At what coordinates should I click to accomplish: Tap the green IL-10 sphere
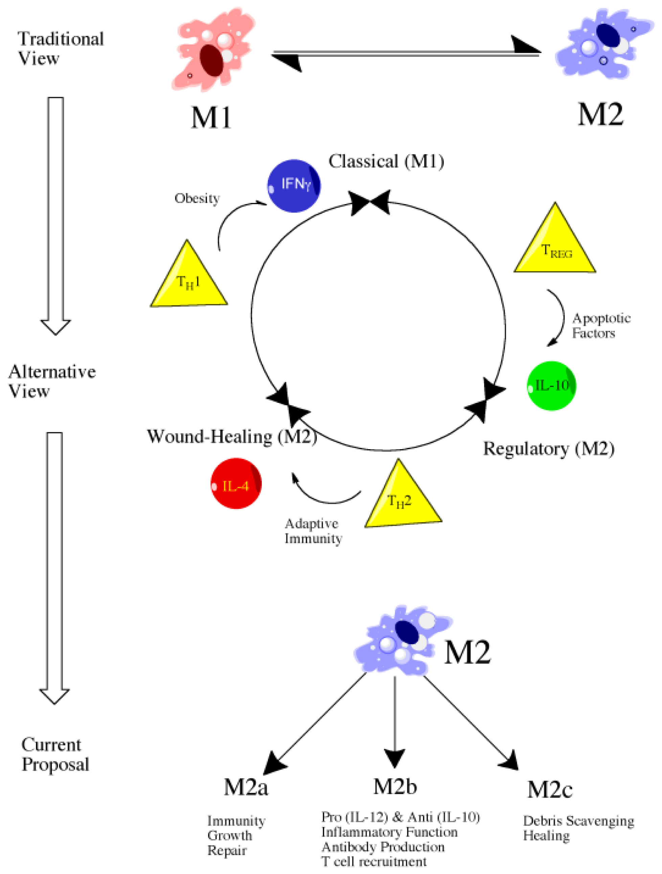point(551,386)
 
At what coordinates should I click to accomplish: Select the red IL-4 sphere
point(236,483)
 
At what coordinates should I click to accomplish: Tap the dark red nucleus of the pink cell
point(211,60)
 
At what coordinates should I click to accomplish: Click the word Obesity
point(197,198)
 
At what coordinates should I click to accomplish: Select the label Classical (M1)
point(386,161)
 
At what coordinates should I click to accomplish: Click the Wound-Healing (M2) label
point(232,437)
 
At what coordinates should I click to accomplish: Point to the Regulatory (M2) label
point(548,448)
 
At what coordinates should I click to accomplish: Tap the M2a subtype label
point(246,787)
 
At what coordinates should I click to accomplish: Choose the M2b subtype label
point(395,786)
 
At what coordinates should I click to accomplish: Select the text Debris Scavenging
point(578,821)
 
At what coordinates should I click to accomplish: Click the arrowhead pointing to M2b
point(394,757)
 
